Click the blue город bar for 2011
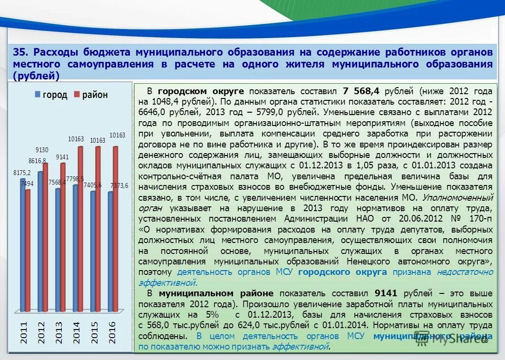coord(22,245)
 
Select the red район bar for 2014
coord(80,228)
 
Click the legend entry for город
coord(51,95)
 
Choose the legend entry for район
coord(91,95)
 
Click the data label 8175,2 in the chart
coord(22,173)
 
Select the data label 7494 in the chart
coord(27,184)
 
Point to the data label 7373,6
coord(119,185)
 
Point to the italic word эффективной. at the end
coord(301,346)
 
